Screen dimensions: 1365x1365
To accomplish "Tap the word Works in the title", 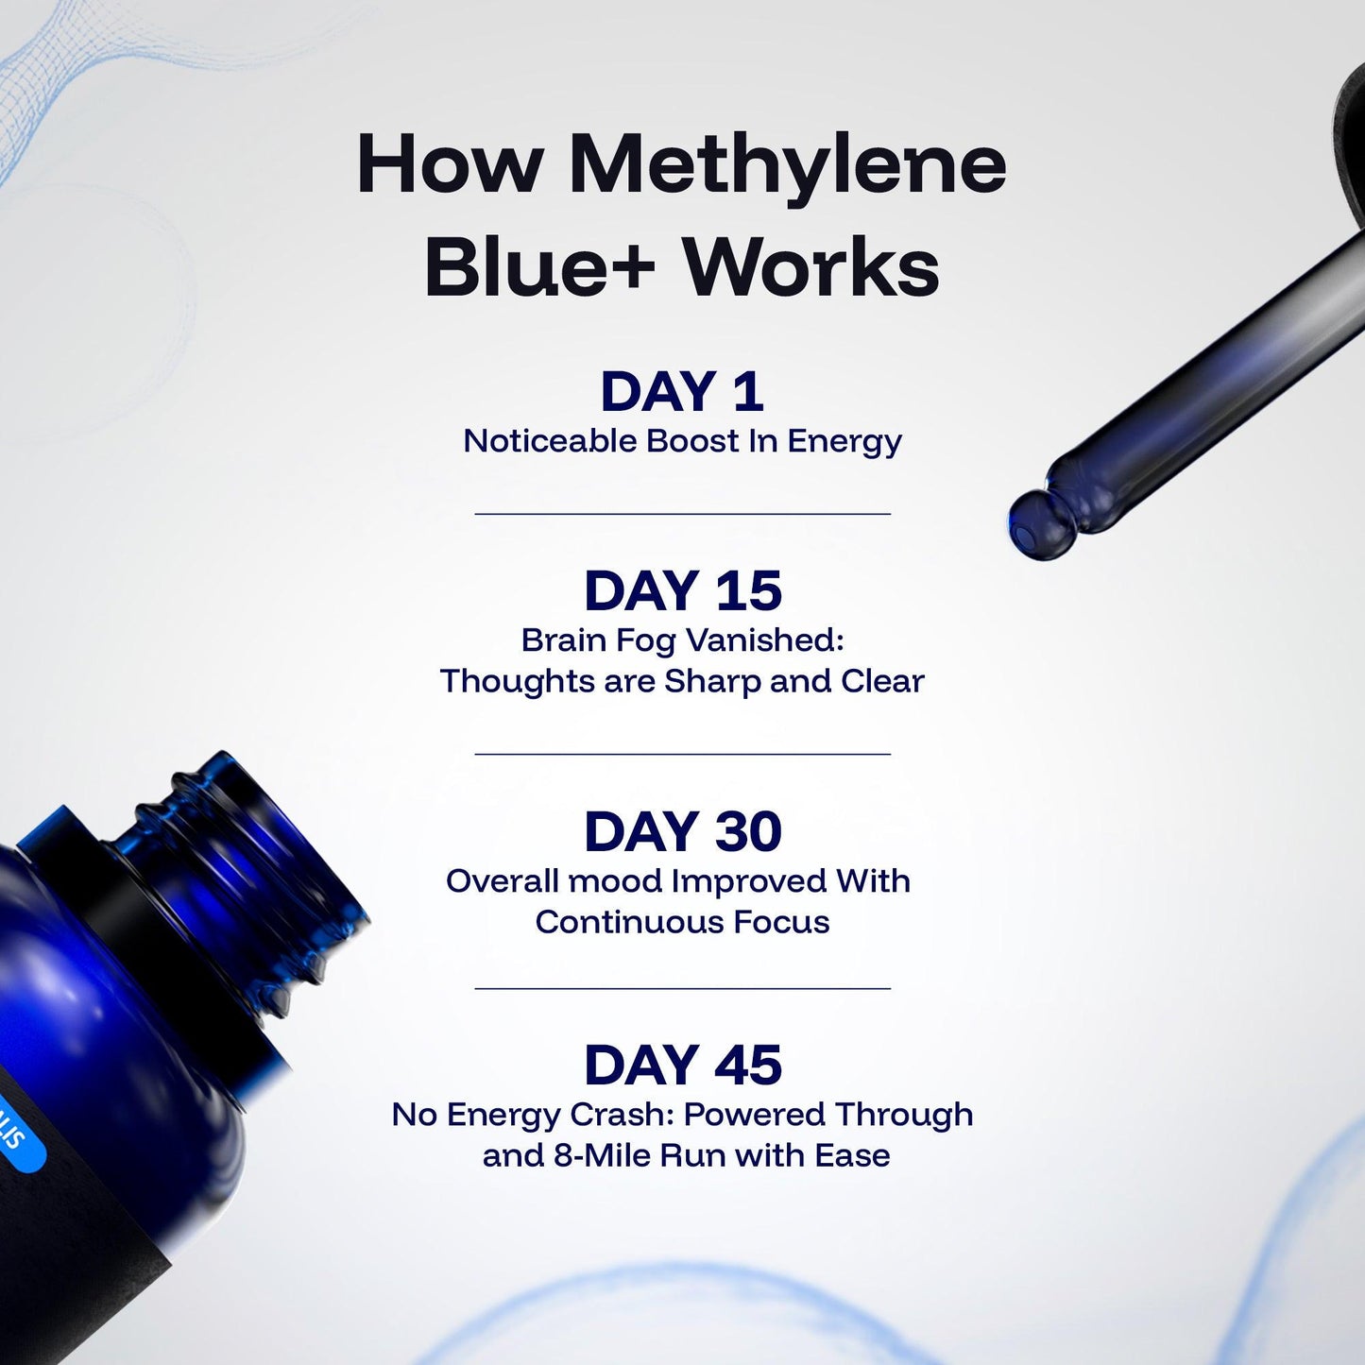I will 810,269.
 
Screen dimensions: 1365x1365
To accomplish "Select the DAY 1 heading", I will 682,392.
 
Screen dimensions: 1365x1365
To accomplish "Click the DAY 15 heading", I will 682,591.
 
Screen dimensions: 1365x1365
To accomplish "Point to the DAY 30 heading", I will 682,832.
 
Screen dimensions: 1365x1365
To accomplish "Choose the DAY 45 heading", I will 682,1066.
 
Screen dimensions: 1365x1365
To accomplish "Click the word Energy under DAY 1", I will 845,441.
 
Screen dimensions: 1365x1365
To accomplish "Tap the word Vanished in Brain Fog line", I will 763,640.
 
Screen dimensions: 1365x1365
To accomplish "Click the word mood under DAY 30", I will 615,881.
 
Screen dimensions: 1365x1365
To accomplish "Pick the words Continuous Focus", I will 682,922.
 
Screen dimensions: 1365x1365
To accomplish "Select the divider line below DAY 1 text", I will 682,514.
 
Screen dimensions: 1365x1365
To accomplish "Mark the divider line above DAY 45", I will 682,988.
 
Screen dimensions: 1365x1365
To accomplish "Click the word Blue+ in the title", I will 539,269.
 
